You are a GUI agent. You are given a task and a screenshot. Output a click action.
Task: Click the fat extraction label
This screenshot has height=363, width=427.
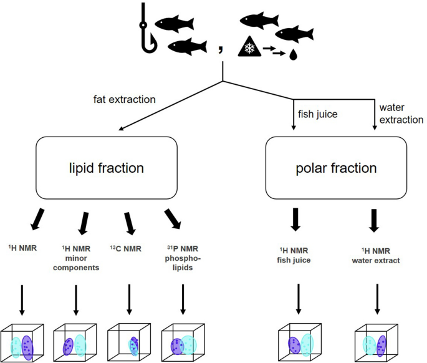coord(125,99)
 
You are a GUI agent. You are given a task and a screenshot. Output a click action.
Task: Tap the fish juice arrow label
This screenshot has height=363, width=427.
coord(315,113)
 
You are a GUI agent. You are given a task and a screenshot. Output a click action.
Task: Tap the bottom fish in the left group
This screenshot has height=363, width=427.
coord(187,46)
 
